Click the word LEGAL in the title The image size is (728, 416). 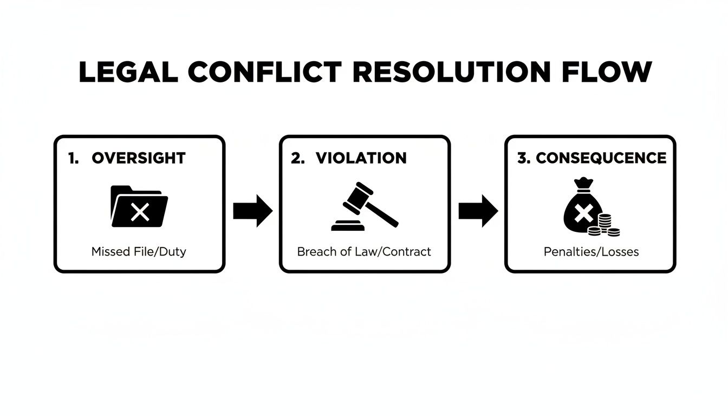pos(128,73)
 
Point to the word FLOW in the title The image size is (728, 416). pos(607,73)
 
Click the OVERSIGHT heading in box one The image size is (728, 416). pos(139,158)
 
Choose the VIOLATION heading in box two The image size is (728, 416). pos(361,158)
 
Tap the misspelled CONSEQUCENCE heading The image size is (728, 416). pos(601,158)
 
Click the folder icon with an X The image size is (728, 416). pos(139,206)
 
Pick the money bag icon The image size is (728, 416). pos(582,208)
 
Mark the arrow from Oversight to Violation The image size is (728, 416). pos(252,211)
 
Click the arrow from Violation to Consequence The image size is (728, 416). pos(478,211)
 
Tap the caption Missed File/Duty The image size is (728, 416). pos(139,252)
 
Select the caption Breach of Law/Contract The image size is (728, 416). pos(364,252)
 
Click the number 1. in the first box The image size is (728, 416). pos(73,158)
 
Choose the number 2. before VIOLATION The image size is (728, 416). pos(298,158)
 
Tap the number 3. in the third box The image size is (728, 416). pos(524,158)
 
